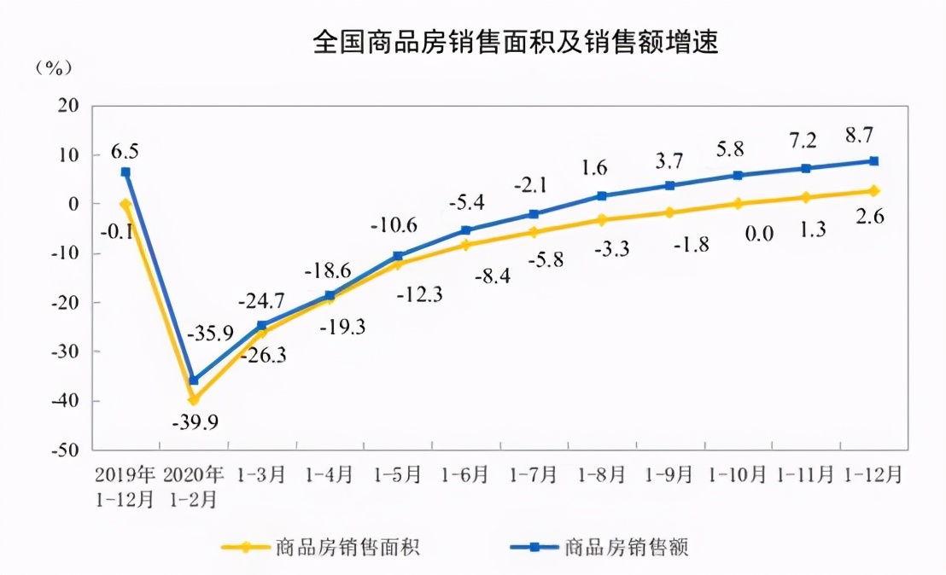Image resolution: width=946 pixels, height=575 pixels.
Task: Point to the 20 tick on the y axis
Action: click(x=68, y=106)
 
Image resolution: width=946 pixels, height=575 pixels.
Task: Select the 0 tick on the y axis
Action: click(x=73, y=205)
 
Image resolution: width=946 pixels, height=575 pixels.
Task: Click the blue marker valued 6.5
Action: click(x=126, y=172)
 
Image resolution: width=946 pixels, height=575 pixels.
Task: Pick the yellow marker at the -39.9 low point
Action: click(x=194, y=399)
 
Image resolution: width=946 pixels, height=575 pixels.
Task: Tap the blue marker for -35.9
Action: click(x=194, y=380)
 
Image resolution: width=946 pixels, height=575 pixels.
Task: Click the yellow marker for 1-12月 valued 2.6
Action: click(x=874, y=191)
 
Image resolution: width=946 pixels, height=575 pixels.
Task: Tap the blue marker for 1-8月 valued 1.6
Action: click(x=602, y=196)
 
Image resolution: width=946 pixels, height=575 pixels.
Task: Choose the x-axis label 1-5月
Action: click(x=398, y=473)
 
